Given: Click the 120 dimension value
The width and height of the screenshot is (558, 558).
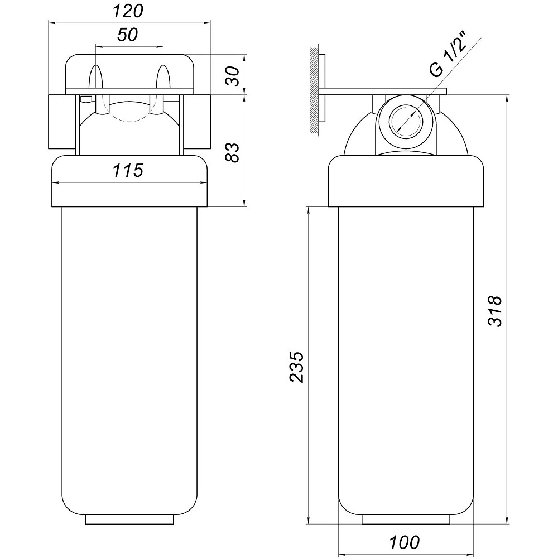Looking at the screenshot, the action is pyautogui.click(x=128, y=11).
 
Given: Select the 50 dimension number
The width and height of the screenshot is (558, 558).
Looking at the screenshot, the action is pyautogui.click(x=127, y=35).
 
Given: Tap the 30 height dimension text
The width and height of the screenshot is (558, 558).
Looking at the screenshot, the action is pyautogui.click(x=233, y=76).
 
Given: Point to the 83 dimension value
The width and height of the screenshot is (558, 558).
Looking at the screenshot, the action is pyautogui.click(x=233, y=153).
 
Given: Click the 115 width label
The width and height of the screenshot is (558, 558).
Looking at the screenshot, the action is pyautogui.click(x=128, y=170).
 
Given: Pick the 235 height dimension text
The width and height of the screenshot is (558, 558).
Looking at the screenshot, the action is pyautogui.click(x=296, y=367).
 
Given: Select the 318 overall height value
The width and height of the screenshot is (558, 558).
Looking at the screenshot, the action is pyautogui.click(x=494, y=311).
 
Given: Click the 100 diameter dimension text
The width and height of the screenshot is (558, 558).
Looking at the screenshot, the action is pyautogui.click(x=404, y=542).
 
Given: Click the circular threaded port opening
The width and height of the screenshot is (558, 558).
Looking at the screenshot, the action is pyautogui.click(x=406, y=121).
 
